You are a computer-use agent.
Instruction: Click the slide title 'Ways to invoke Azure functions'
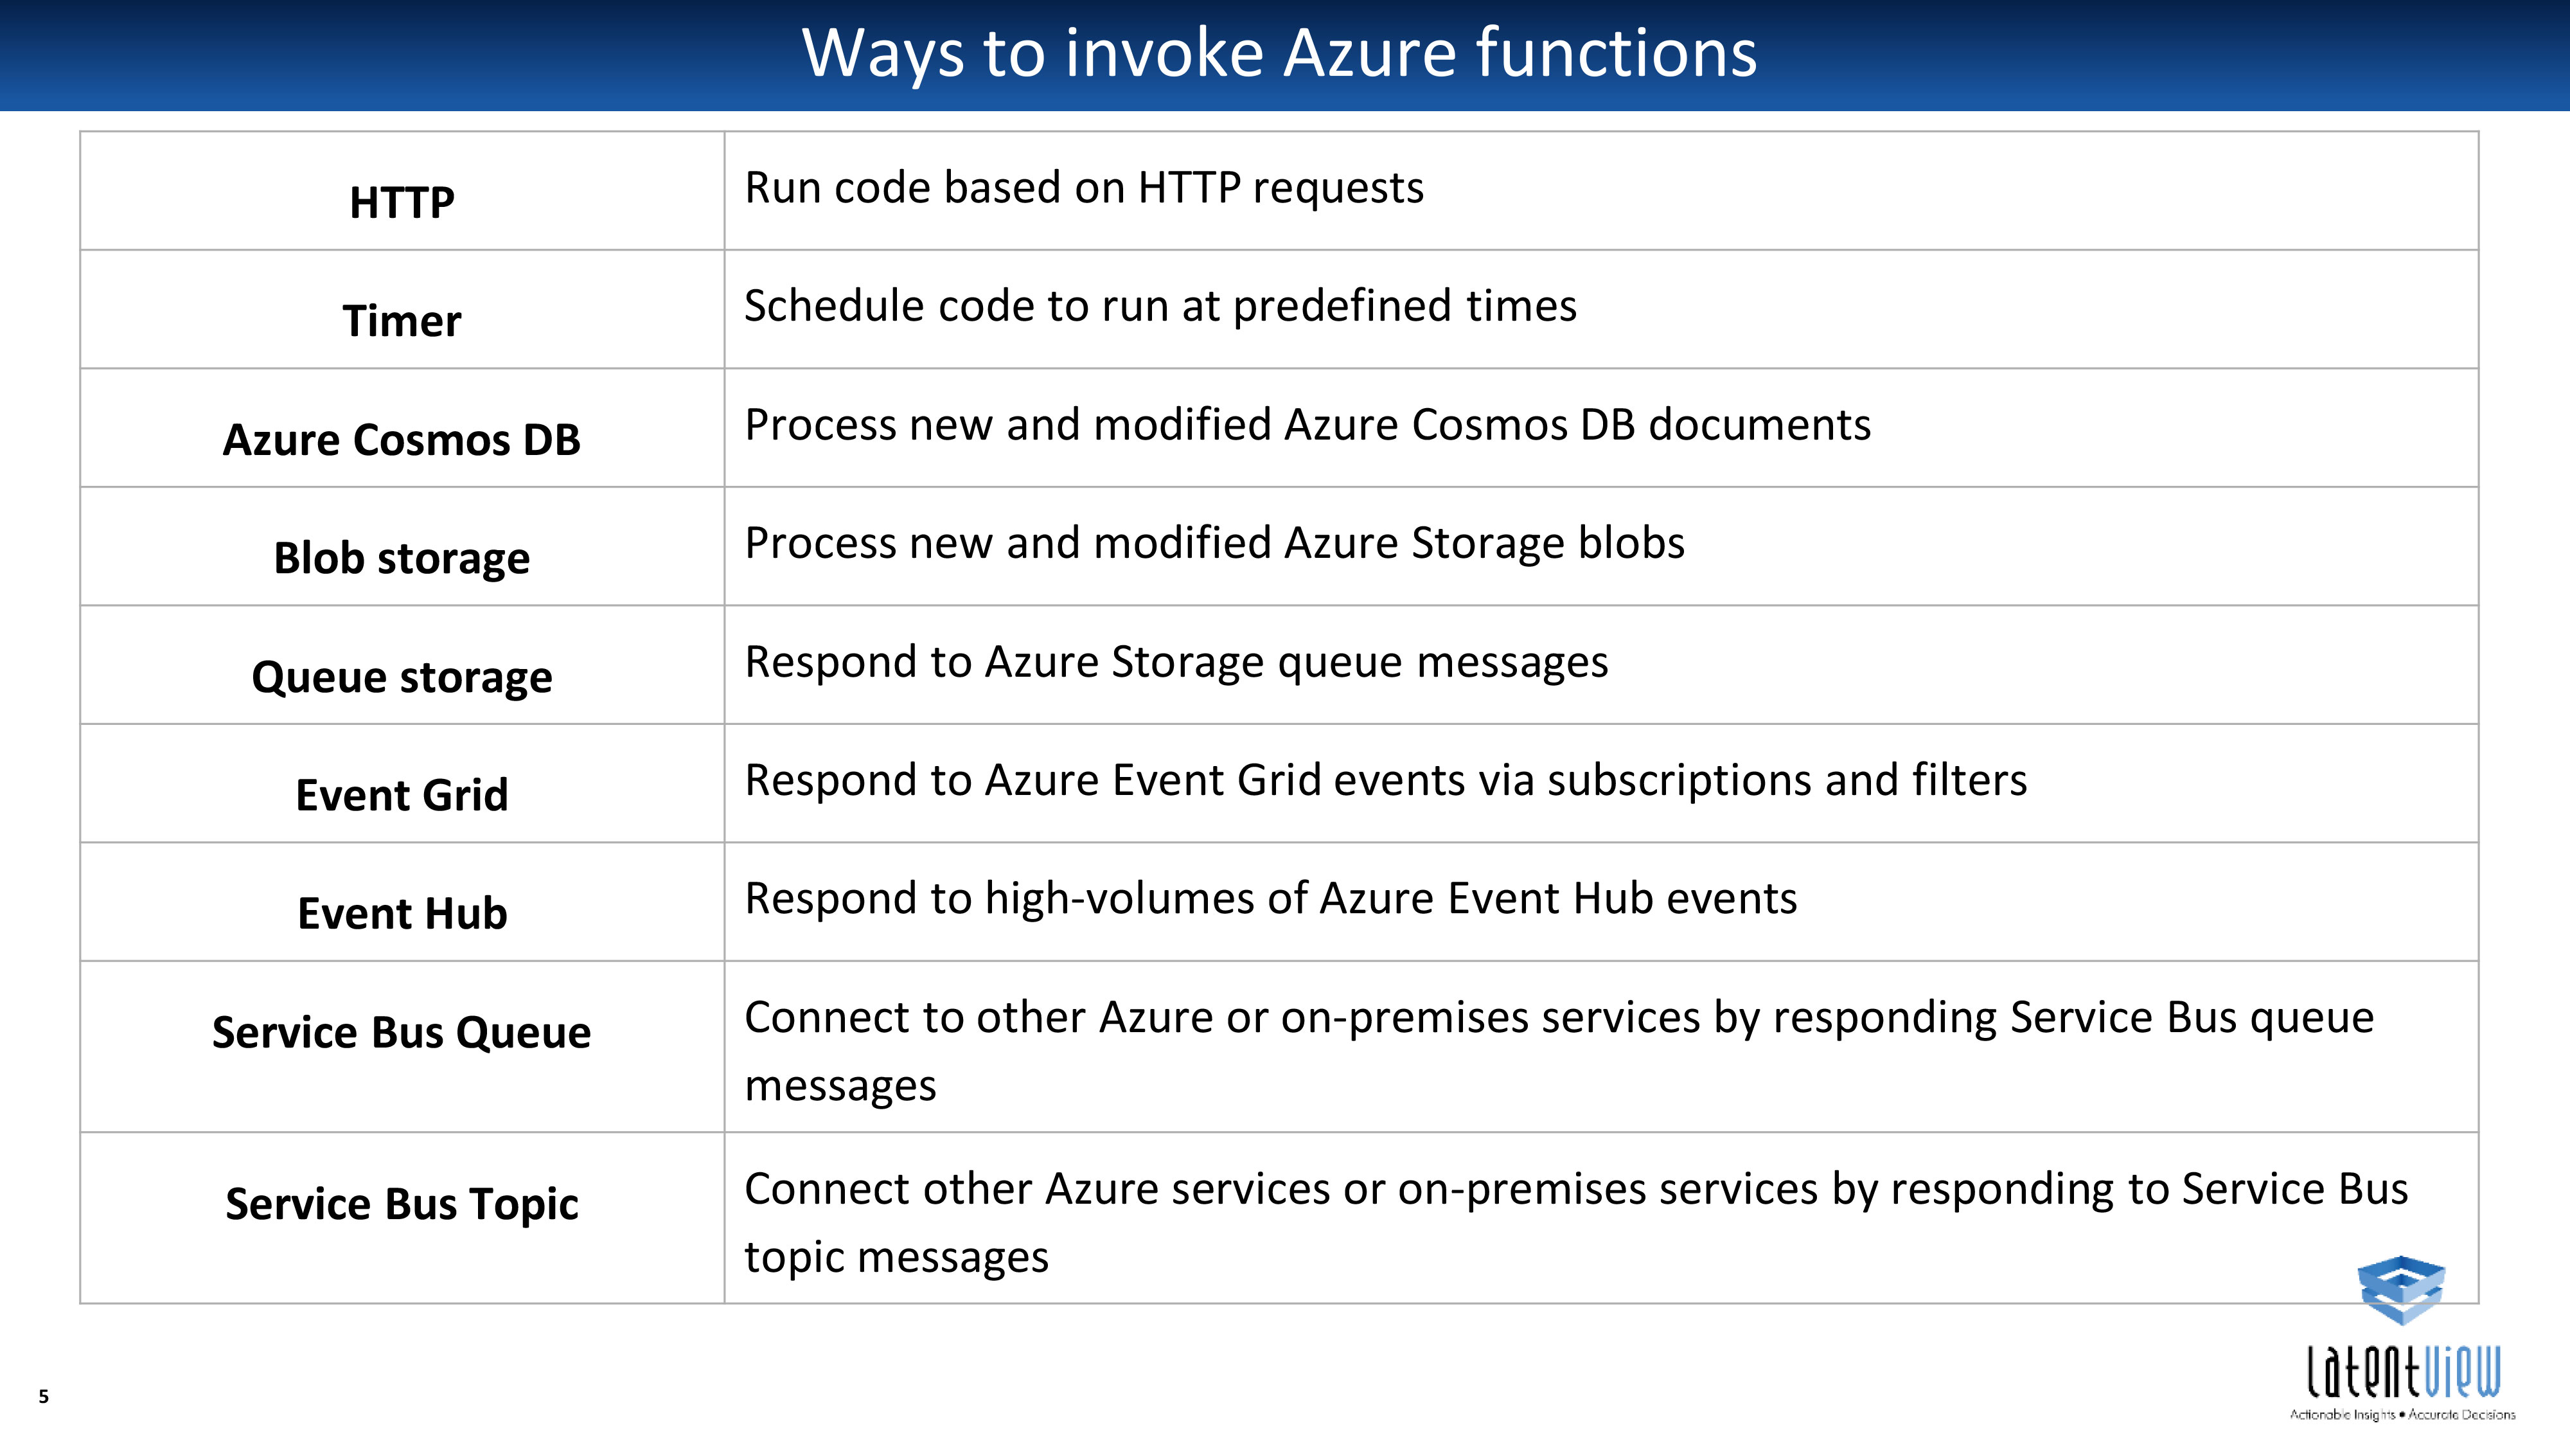[1279, 54]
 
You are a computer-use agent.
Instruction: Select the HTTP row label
[402, 202]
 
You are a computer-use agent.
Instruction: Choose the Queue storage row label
[402, 677]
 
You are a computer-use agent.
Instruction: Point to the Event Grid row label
[402, 796]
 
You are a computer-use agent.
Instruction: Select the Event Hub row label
[402, 914]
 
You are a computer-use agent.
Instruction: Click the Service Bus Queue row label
[402, 1033]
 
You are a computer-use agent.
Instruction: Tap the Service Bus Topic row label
[402, 1204]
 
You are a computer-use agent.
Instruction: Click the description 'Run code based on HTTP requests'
[1085, 188]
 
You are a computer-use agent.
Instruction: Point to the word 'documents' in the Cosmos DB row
[1760, 425]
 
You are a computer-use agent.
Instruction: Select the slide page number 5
[44, 1396]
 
